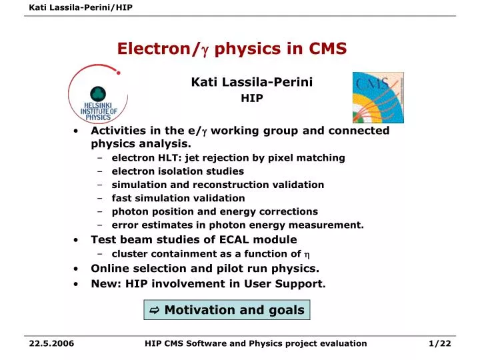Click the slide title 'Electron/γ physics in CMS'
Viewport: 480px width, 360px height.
pos(232,49)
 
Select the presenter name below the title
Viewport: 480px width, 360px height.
pos(251,82)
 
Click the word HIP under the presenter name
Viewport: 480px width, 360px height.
pos(251,98)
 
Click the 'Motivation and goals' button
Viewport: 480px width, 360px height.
pos(227,310)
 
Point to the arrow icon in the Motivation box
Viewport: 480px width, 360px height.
pos(155,311)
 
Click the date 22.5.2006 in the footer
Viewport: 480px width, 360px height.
pos(52,343)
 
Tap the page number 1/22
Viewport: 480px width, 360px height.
pos(440,343)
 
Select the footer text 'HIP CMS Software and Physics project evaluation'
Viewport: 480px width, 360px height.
pos(255,343)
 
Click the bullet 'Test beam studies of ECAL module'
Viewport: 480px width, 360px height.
pos(193,239)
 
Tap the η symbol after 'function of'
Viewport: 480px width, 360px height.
pos(307,255)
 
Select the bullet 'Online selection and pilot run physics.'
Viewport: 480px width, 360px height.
pos(205,269)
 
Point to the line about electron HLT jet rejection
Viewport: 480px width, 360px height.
pos(228,158)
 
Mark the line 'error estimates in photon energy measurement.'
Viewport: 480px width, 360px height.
pos(237,225)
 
